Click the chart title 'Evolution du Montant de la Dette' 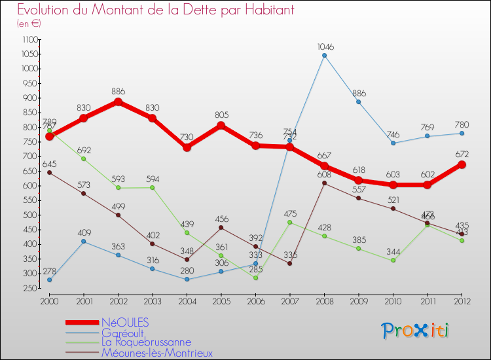tap(156, 10)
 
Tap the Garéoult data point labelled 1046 tap(324, 55)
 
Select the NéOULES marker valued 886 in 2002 tap(118, 102)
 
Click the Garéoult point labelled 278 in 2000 tap(49, 279)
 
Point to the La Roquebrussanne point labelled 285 tap(255, 278)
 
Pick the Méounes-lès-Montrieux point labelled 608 tap(324, 183)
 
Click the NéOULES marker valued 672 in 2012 tap(462, 164)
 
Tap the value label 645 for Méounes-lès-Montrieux tap(49, 163)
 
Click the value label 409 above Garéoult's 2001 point tap(84, 232)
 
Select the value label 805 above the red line tap(221, 115)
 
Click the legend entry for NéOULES tap(125, 322)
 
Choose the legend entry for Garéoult tap(122, 332)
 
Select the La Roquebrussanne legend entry tap(146, 342)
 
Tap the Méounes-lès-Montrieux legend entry tap(157, 352)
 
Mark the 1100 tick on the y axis tap(29, 39)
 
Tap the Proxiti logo tap(416, 331)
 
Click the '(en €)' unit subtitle tap(29, 23)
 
